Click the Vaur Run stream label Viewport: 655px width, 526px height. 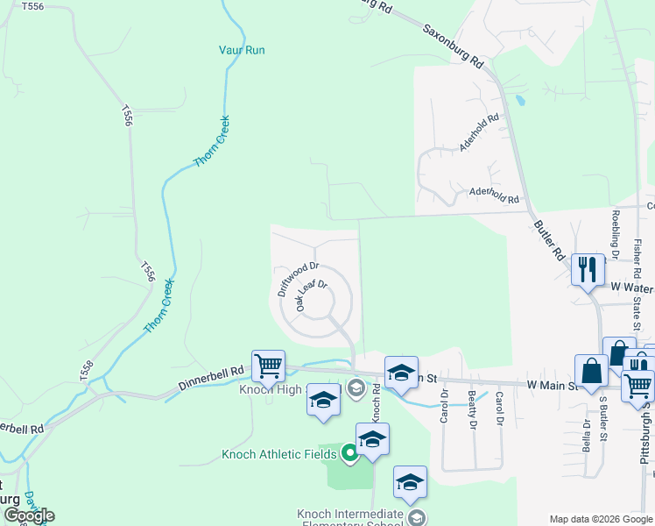point(241,50)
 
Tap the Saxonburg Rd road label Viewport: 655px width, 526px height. point(453,46)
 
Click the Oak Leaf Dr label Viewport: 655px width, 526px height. point(311,295)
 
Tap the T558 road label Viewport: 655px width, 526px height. point(86,369)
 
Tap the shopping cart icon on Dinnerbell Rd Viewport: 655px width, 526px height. point(268,366)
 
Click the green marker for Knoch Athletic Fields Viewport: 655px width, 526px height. point(349,453)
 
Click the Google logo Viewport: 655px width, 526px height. point(28,515)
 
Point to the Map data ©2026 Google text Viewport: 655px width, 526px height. point(601,519)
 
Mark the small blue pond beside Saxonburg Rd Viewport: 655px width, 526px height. point(519,100)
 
